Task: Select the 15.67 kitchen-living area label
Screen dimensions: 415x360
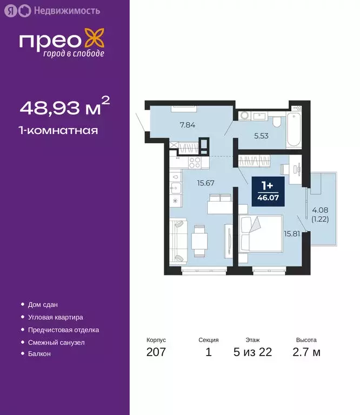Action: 205,183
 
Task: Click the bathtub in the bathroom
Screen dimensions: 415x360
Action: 294,129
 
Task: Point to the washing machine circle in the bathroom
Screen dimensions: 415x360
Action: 244,115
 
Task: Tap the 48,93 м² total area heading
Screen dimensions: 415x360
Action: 65,108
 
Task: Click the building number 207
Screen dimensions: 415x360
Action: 156,353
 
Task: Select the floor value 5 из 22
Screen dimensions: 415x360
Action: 252,353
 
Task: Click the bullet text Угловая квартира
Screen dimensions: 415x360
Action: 55,317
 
